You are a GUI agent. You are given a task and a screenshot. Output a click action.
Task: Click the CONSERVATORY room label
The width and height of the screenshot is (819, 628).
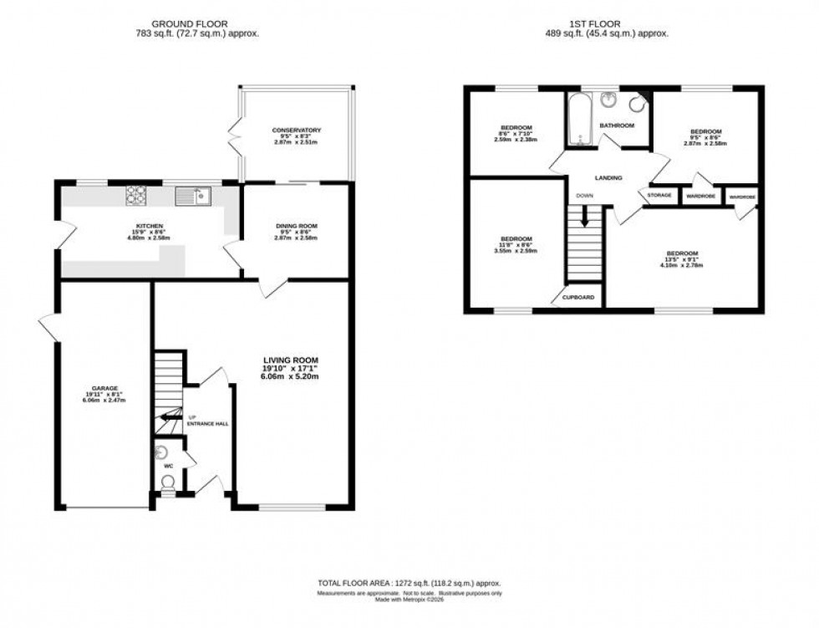pyautogui.click(x=297, y=130)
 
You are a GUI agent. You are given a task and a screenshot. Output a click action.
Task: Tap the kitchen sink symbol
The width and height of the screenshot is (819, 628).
pyautogui.click(x=193, y=196)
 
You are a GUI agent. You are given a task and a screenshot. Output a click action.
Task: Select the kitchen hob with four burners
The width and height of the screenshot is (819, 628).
pyautogui.click(x=136, y=195)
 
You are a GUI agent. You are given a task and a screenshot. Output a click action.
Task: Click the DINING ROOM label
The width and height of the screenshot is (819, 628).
pyautogui.click(x=297, y=226)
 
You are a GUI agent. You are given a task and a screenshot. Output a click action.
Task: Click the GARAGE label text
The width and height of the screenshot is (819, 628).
pyautogui.click(x=105, y=388)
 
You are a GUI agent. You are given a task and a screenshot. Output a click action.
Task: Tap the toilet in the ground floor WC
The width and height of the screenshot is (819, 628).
pyautogui.click(x=168, y=482)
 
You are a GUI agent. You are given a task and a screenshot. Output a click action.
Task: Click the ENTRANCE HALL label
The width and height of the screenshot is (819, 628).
pyautogui.click(x=207, y=424)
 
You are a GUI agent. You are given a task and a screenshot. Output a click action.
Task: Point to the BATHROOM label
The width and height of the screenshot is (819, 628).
pyautogui.click(x=617, y=125)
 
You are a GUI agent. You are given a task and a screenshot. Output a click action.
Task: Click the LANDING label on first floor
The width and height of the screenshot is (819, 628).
pyautogui.click(x=608, y=177)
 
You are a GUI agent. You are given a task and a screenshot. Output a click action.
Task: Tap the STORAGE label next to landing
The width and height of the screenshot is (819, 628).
pyautogui.click(x=659, y=196)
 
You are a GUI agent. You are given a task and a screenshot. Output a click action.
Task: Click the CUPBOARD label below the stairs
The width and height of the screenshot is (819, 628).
pyautogui.click(x=578, y=298)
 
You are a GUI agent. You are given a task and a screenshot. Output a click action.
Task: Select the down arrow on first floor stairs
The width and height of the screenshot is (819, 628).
pyautogui.click(x=584, y=216)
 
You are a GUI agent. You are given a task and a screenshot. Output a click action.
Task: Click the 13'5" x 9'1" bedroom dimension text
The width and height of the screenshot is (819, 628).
pyautogui.click(x=683, y=259)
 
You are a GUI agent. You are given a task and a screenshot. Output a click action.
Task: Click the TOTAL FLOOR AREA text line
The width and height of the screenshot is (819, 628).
pyautogui.click(x=409, y=582)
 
